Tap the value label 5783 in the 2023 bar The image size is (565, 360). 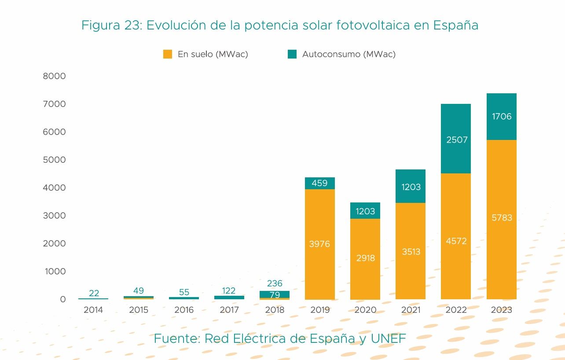click(502, 217)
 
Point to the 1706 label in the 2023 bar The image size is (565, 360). click(502, 117)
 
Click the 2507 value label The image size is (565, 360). click(457, 140)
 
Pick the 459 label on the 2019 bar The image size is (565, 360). click(319, 183)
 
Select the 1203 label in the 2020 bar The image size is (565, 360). click(365, 211)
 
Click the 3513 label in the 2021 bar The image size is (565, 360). click(411, 252)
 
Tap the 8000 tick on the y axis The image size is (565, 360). click(54, 77)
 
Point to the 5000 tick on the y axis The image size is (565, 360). click(54, 160)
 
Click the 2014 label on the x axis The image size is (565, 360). click(93, 310)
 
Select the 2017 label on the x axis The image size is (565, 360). click(229, 310)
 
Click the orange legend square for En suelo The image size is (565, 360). click(168, 54)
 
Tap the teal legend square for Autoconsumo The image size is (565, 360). click(292, 54)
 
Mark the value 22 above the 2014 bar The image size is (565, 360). click(94, 293)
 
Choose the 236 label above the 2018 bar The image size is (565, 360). click(275, 283)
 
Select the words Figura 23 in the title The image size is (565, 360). click(110, 25)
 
